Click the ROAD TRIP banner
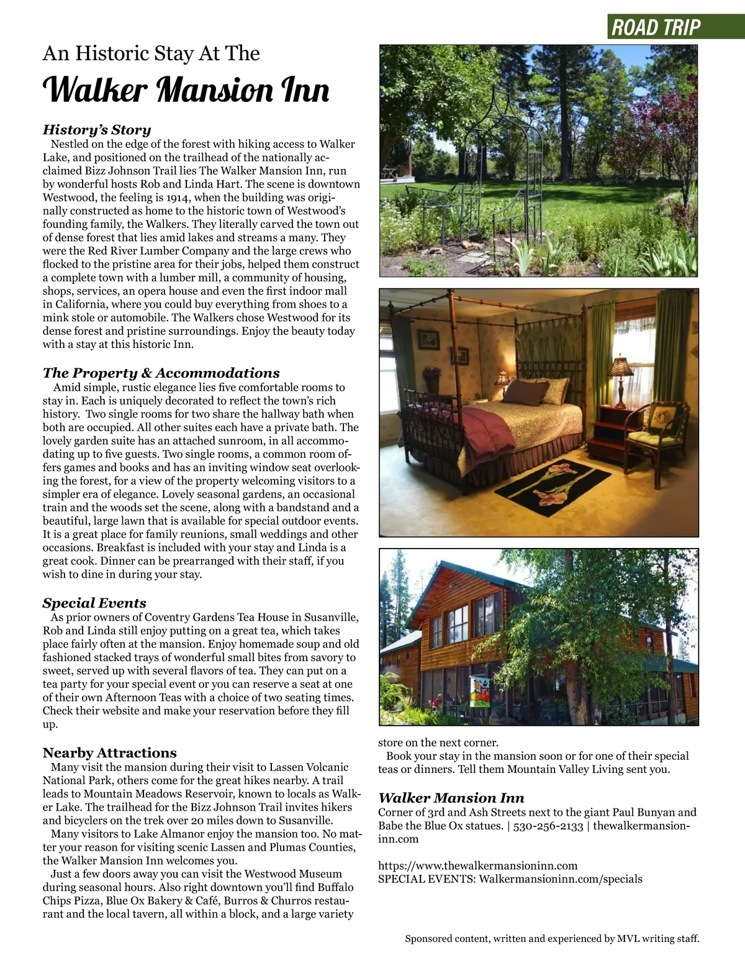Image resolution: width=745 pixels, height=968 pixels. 656,27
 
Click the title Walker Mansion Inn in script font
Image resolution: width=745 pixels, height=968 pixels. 186,91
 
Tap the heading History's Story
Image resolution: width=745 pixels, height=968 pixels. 97,130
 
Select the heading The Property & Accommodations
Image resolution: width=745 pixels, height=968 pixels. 161,373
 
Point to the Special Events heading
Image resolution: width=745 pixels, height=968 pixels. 94,603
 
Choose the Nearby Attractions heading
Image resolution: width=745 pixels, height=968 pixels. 109,753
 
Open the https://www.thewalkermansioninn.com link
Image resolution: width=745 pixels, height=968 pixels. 477,865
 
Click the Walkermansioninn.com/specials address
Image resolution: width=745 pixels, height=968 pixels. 561,879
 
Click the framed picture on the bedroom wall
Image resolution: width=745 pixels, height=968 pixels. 428,340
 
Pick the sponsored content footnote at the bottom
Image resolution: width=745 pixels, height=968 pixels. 552,938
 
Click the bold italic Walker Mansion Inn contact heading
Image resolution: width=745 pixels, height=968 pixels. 451,798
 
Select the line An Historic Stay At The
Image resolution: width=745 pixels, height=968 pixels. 151,53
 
